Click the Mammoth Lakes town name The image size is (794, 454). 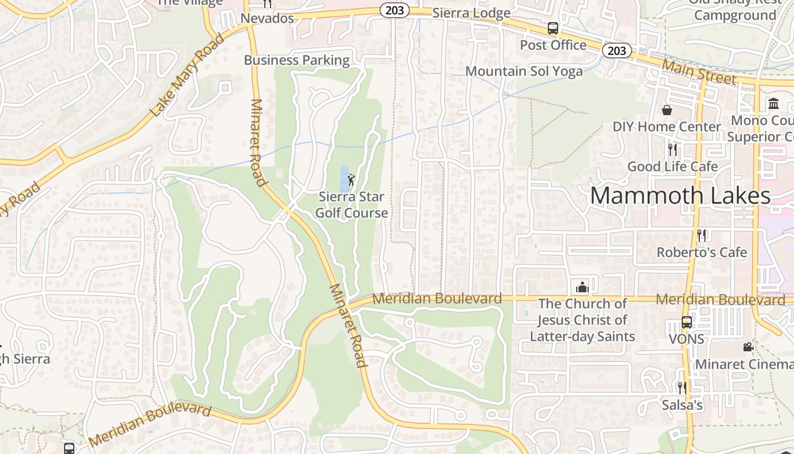coord(680,196)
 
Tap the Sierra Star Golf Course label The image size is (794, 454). coord(352,205)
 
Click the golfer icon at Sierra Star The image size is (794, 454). coord(351,180)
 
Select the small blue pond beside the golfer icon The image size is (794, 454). coord(344,178)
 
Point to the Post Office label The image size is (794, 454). coord(553,45)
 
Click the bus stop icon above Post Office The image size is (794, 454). coord(552,28)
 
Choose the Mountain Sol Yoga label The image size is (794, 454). coord(524,71)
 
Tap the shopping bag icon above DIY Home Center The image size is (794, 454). coord(667,110)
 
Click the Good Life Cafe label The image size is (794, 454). coord(673,166)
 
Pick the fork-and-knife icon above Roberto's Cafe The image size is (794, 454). coord(702,235)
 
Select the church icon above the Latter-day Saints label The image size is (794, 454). coord(582,287)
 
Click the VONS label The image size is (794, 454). coord(686,339)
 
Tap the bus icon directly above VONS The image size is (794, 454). coord(686,322)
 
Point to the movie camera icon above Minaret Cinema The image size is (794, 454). coord(748,347)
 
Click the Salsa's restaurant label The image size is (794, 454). coord(682,405)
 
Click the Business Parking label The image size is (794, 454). coord(297,60)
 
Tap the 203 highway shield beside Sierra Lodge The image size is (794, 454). coord(395,10)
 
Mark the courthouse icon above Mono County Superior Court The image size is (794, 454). coord(774,103)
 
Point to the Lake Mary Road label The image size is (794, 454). coord(187,75)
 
